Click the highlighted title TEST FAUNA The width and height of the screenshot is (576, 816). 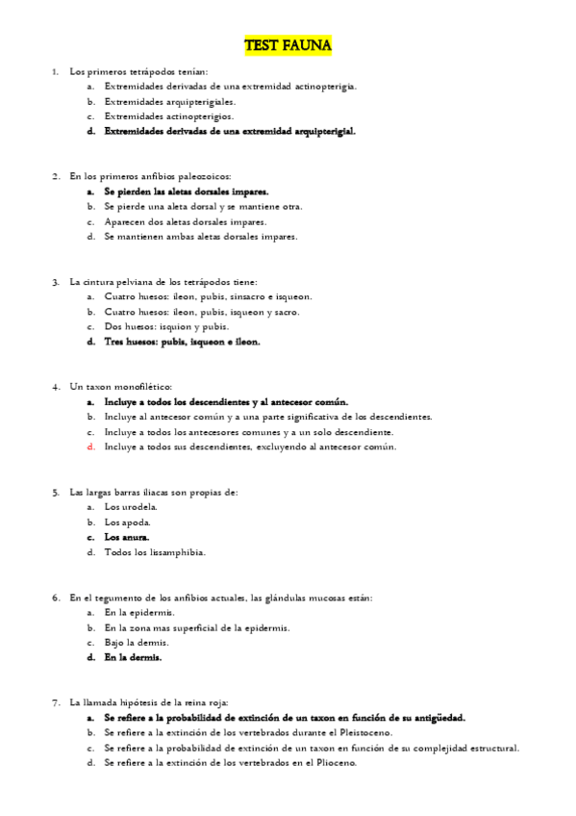pos(288,45)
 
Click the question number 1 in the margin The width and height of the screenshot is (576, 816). pos(55,72)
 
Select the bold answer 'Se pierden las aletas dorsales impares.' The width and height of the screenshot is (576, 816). pos(186,191)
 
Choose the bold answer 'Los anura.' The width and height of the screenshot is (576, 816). pos(127,537)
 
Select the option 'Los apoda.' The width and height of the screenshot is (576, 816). pos(127,523)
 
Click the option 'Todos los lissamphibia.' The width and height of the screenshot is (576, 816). pos(154,552)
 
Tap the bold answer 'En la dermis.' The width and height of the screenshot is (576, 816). pos(133,657)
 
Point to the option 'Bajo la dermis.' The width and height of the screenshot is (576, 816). pos(137,642)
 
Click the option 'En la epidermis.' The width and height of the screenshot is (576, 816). pos(139,612)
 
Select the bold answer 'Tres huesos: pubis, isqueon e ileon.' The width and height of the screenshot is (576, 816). pos(182,341)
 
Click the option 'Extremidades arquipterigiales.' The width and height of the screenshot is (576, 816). pos(169,101)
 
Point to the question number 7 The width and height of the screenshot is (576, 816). pos(55,702)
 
